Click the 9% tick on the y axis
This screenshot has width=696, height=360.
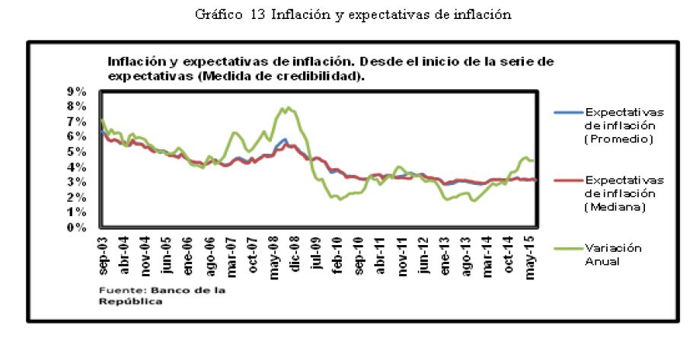tap(79, 91)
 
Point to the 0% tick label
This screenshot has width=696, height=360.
tap(79, 228)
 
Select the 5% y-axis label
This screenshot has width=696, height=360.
tap(79, 152)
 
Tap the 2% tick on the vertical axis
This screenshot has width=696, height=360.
tap(79, 197)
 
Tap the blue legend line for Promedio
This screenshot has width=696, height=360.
tap(568, 113)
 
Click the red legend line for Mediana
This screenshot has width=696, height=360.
tap(568, 180)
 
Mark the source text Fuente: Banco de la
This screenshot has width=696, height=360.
tap(145, 290)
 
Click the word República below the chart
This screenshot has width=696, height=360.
tap(130, 301)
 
